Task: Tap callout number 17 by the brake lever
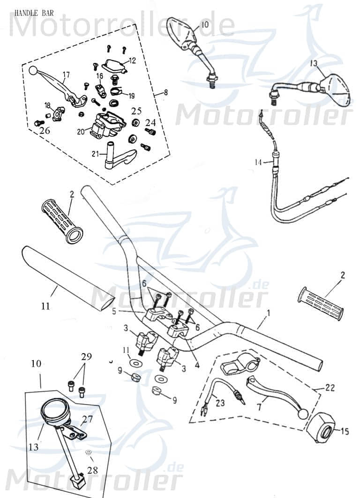tap(66, 74)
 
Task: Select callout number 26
tap(45, 131)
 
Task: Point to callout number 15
tap(345, 431)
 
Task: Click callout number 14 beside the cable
tap(258, 162)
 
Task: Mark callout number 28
tap(93, 469)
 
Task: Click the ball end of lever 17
tap(33, 71)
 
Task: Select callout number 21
tap(95, 154)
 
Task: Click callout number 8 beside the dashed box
tap(164, 94)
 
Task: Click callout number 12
tap(132, 60)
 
